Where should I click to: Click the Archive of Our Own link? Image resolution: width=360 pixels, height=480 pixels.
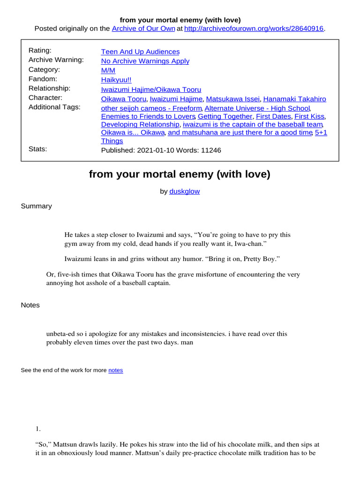142,29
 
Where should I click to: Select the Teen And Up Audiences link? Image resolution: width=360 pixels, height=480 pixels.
140,52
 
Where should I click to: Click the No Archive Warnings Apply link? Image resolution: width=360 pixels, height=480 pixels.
145,61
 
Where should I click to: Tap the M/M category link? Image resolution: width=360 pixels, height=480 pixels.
108,70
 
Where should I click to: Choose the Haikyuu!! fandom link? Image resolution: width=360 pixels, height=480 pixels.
116,80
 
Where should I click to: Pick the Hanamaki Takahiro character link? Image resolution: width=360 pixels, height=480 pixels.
294,99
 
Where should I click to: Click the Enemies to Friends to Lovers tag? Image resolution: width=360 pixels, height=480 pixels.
148,116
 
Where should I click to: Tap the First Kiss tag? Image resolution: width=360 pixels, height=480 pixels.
309,116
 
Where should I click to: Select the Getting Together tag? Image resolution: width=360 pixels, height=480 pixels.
225,116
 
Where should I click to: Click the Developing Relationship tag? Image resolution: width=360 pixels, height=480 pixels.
140,124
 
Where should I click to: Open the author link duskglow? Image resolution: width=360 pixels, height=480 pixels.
185,191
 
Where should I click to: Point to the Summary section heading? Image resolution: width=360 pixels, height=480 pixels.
36,206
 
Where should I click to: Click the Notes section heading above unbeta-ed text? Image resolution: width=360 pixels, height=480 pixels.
30,305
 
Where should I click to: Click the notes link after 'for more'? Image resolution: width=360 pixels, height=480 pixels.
115,370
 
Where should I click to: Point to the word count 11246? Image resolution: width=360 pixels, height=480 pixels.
211,150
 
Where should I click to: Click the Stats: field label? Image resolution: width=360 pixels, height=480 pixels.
37,149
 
